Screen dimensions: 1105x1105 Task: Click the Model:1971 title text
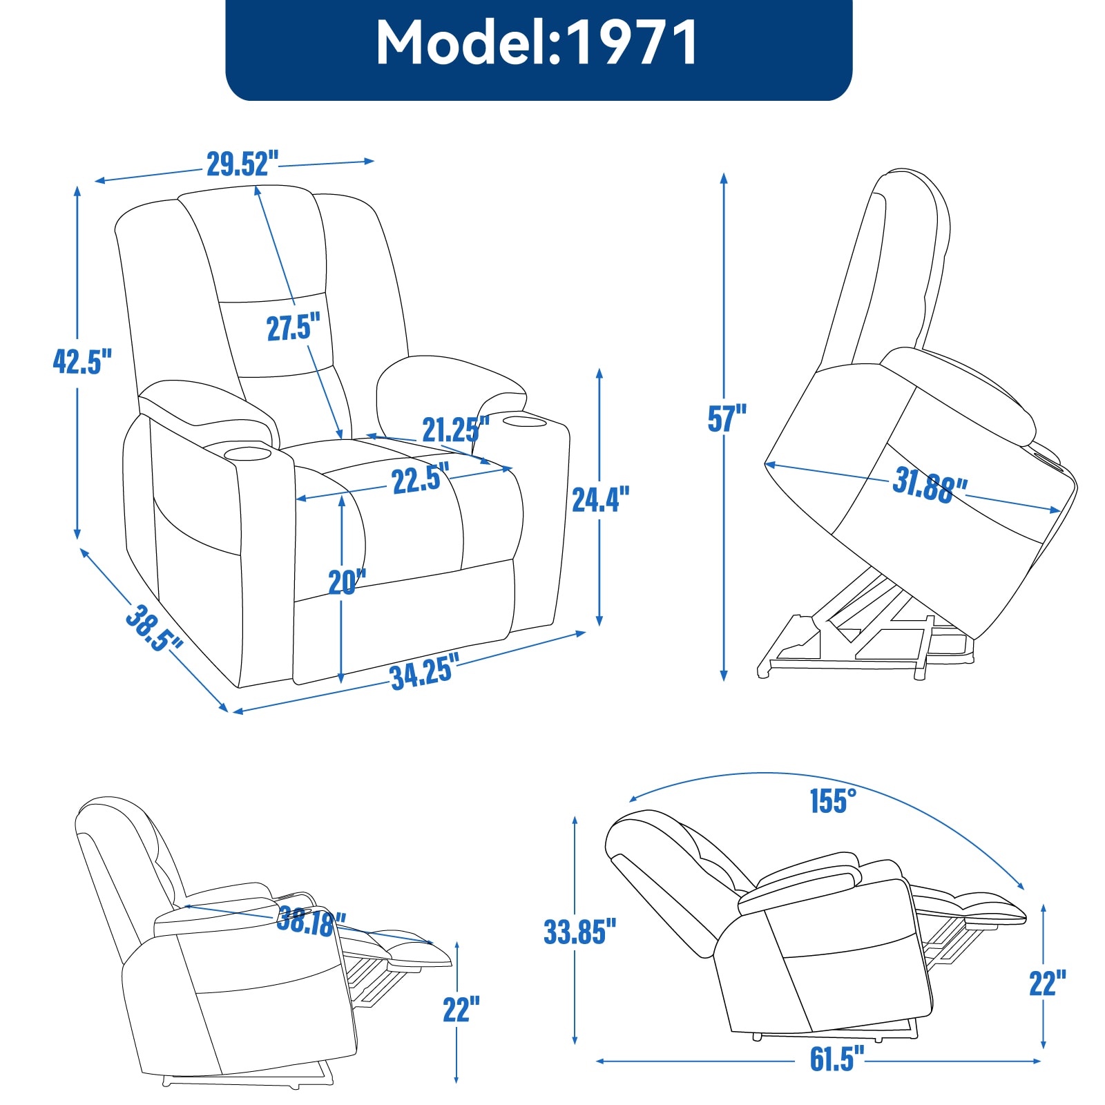(x=537, y=43)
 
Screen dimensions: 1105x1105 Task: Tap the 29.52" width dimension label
(x=242, y=164)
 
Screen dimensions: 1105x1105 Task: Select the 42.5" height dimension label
(x=81, y=361)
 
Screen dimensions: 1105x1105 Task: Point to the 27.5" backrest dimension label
(x=294, y=327)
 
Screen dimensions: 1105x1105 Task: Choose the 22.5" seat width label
(x=420, y=479)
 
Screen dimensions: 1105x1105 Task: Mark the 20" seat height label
(x=347, y=582)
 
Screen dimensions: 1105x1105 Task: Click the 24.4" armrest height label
(x=600, y=499)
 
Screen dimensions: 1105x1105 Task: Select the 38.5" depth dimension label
(x=153, y=628)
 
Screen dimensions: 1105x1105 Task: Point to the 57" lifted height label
(x=727, y=419)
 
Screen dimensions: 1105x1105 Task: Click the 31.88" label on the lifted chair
(x=929, y=485)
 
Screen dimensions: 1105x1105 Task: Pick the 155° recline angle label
(x=832, y=801)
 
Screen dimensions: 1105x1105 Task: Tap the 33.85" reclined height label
(x=579, y=931)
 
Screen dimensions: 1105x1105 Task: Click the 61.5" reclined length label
(x=836, y=1059)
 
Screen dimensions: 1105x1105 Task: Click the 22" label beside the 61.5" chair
(x=1047, y=983)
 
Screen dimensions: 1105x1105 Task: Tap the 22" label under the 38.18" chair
(x=461, y=1009)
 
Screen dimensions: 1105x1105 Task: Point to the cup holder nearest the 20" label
(x=247, y=454)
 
